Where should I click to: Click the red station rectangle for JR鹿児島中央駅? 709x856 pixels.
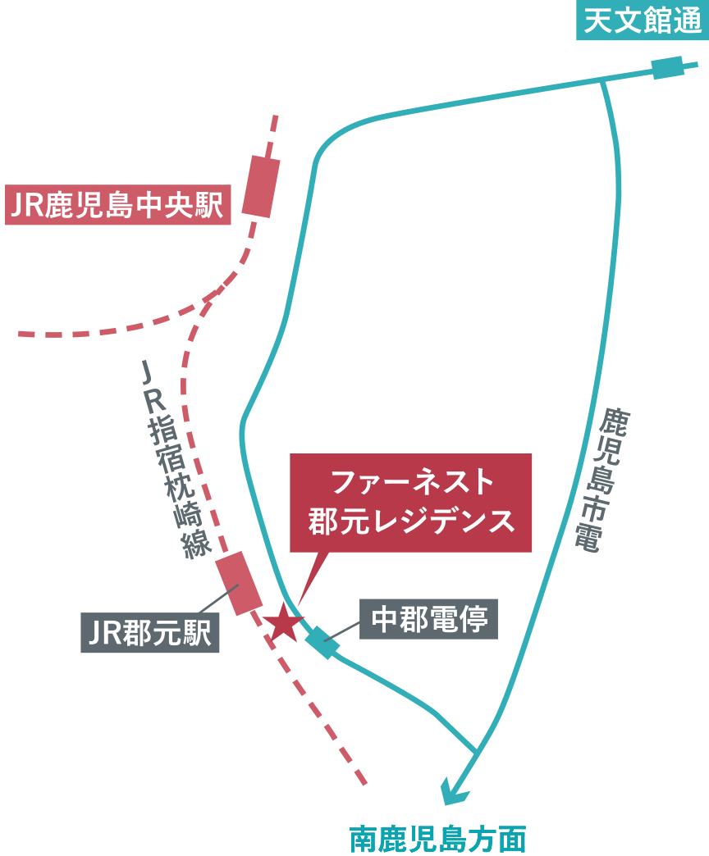pyautogui.click(x=262, y=186)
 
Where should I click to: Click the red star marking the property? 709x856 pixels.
pyautogui.click(x=285, y=623)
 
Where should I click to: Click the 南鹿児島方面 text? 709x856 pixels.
pyautogui.click(x=436, y=838)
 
